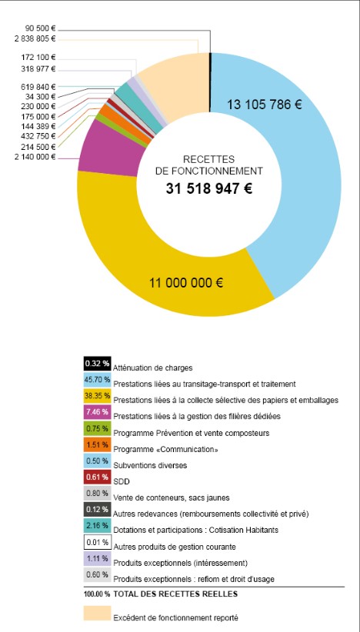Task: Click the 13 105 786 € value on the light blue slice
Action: [264, 105]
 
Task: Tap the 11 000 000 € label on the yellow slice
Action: [186, 283]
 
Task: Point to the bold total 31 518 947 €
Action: [209, 188]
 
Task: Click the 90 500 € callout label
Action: [40, 29]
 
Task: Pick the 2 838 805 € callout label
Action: [35, 39]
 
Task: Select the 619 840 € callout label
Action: [38, 87]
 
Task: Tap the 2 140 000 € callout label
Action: [35, 157]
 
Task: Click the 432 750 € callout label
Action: [38, 136]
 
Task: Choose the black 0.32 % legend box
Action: [97, 364]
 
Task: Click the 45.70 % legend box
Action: [97, 380]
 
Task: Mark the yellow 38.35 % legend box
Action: [97, 396]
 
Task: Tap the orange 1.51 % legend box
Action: [97, 445]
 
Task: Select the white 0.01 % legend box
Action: [97, 543]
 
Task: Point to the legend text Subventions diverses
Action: [150, 465]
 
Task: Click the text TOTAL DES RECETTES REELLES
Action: [175, 594]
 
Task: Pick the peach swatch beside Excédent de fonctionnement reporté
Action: [97, 613]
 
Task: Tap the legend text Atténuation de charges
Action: [153, 368]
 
